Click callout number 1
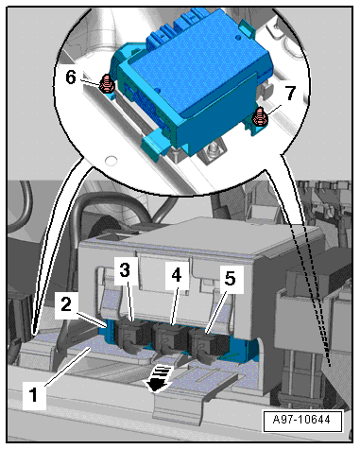[x=34, y=394]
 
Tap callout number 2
[x=66, y=305]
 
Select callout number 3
[x=125, y=270]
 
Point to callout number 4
[x=177, y=275]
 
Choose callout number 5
[x=230, y=279]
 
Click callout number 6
[x=71, y=78]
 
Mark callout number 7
[x=289, y=93]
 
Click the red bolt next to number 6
[x=106, y=84]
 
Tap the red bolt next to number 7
[x=260, y=116]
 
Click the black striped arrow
[x=157, y=378]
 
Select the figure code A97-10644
[x=301, y=420]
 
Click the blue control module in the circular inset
[x=192, y=82]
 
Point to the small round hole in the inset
[x=111, y=161]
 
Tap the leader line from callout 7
[x=275, y=112]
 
